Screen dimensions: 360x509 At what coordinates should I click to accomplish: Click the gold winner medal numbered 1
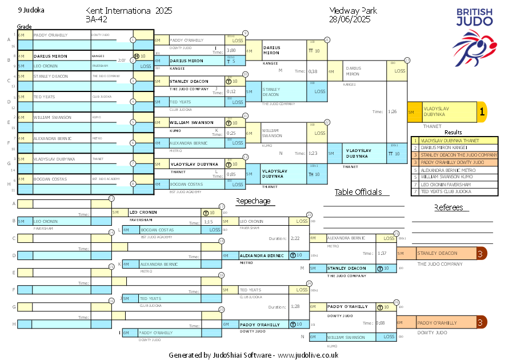[482, 113]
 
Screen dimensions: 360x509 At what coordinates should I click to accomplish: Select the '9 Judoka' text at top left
[31, 10]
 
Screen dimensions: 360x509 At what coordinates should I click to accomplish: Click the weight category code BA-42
[98, 19]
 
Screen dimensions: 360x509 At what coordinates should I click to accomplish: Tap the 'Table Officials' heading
[358, 192]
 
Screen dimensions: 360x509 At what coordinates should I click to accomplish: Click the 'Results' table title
[453, 132]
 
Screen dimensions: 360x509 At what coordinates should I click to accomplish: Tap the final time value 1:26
[392, 111]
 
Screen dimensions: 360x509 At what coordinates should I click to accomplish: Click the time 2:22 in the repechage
[295, 238]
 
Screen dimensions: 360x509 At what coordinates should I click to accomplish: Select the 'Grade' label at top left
[24, 27]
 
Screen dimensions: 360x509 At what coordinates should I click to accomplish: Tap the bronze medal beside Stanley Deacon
[482, 253]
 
